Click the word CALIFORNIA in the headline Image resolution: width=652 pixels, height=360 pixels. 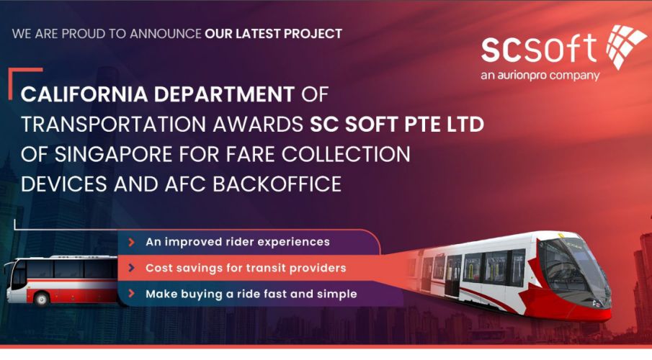click(x=84, y=94)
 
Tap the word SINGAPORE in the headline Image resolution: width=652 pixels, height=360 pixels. click(x=114, y=154)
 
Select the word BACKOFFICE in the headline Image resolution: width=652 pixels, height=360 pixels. click(x=277, y=184)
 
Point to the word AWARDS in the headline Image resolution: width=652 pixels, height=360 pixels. click(x=258, y=125)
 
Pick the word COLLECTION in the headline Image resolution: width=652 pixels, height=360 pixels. click(x=346, y=154)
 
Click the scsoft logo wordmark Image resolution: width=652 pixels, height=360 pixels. click(x=539, y=48)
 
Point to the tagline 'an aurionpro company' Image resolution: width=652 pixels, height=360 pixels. click(x=540, y=76)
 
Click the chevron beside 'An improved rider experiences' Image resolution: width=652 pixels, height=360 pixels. click(x=131, y=242)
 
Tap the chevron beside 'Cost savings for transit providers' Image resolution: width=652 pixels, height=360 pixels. click(x=131, y=268)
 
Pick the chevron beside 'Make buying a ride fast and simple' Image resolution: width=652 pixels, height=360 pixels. click(x=131, y=294)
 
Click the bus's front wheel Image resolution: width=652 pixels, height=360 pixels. click(x=41, y=299)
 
